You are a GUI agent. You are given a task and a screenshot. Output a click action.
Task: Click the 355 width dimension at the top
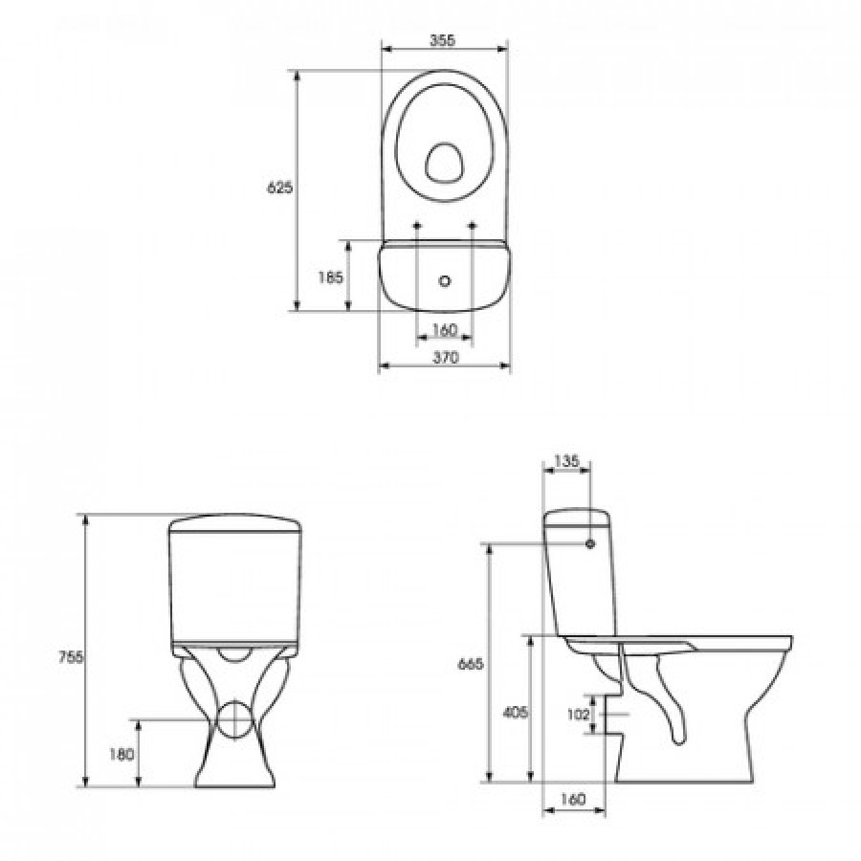443,40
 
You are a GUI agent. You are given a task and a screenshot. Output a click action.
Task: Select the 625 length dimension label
280,188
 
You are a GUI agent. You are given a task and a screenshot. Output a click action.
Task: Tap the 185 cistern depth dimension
331,277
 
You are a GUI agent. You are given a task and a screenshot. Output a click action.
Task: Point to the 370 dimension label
445,358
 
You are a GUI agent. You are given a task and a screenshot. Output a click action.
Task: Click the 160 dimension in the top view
445,330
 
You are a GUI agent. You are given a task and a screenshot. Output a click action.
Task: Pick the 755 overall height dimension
72,656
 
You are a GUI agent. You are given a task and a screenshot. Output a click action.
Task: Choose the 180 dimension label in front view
121,755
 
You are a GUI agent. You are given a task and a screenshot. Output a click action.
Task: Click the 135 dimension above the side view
566,461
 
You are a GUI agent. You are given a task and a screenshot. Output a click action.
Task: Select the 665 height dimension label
470,664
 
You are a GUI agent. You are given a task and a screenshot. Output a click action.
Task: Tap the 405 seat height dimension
515,712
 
